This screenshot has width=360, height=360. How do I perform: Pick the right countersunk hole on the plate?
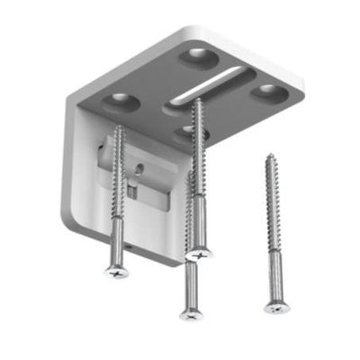(x=266, y=92)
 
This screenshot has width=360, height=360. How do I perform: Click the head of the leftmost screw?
(x=115, y=267)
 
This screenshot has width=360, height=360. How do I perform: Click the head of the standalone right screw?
(x=276, y=305)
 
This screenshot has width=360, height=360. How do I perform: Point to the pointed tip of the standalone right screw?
(x=269, y=157)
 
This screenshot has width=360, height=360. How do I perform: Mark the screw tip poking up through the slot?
(x=196, y=101)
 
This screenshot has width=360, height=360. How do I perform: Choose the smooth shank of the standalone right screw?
(x=274, y=274)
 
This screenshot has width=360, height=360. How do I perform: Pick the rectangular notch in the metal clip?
(x=132, y=189)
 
